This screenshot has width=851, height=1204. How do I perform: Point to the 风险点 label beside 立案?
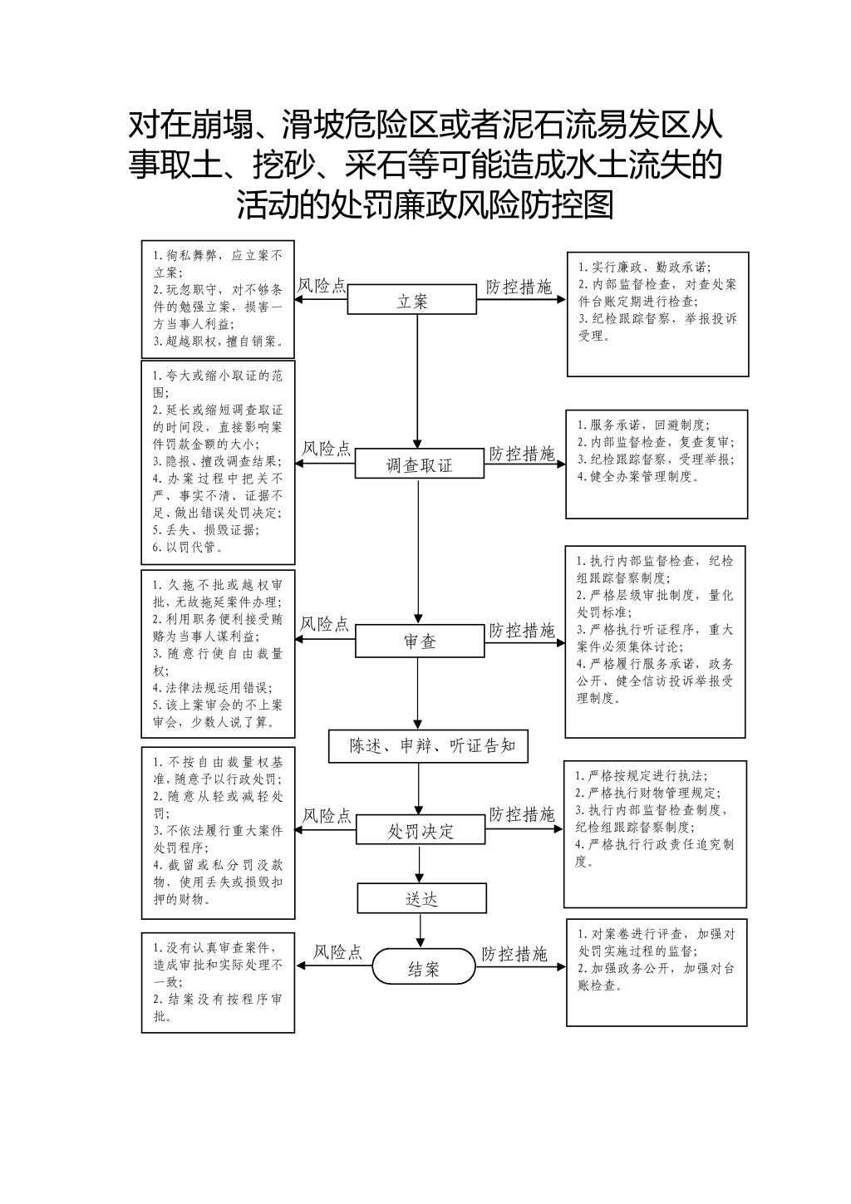[322, 285]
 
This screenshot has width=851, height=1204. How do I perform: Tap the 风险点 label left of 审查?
[324, 623]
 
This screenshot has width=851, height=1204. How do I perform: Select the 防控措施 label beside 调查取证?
[521, 454]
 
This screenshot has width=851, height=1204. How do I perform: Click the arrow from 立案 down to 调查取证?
[417, 381]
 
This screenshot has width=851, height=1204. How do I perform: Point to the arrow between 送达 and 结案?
[421, 931]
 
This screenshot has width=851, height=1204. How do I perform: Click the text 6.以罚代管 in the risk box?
[188, 548]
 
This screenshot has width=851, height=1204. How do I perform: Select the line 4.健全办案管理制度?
[637, 476]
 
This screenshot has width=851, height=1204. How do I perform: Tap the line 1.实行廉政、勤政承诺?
[644, 267]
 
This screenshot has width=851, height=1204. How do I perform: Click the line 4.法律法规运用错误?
[213, 687]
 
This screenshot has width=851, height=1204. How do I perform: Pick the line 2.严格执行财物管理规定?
[647, 792]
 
